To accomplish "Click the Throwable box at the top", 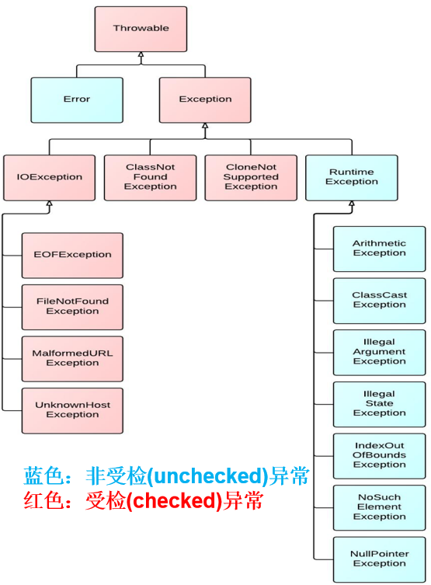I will tap(141, 29).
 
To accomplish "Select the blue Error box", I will tap(77, 99).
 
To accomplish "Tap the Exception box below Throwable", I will tap(205, 99).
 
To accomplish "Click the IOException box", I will tap(50, 177).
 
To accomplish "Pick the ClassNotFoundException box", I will tap(150, 177).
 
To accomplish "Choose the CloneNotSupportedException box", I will tap(251, 177).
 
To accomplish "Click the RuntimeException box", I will tap(351, 177).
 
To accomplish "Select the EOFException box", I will tap(72, 255).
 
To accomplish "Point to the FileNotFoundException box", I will tap(72, 306).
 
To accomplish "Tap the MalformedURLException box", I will tap(72, 358).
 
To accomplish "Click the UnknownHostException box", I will tap(72, 410).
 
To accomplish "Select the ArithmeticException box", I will tap(379, 249).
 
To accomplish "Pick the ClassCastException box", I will tap(379, 300).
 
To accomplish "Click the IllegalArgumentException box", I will tap(379, 352).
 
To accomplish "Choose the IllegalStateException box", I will tap(379, 404).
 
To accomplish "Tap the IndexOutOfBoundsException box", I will tap(379, 455).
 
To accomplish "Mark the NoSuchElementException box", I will tap(379, 507).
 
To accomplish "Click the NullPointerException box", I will tap(379, 559).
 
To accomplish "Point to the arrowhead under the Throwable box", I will tap(141, 56).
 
